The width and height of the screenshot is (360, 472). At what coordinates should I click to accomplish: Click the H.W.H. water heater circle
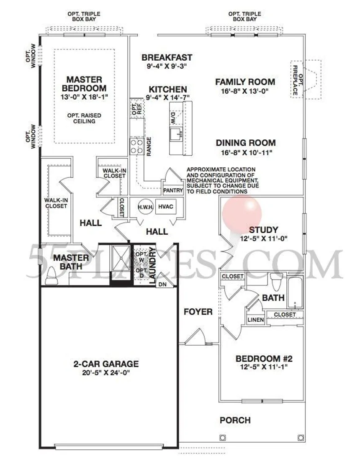pos(146,207)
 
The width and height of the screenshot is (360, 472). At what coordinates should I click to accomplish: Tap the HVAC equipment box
pos(166,207)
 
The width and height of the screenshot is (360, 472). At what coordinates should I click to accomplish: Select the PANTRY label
pos(173,190)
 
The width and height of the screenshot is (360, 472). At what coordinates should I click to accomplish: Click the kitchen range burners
pos(136,146)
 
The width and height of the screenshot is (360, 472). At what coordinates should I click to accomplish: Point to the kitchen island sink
pos(176,135)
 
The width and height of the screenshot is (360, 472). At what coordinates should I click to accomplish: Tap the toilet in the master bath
pos(51,276)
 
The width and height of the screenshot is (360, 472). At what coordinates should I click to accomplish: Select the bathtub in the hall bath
pos(295,292)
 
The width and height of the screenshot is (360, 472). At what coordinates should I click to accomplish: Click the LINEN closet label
pos(256,320)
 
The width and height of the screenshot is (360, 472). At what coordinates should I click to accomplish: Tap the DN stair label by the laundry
pos(162,284)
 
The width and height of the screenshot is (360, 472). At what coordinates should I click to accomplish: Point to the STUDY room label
pos(263,230)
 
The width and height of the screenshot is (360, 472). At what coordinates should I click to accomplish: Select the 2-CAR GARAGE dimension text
pos(106,373)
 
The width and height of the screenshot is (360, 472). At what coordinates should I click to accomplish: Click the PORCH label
pos(235,420)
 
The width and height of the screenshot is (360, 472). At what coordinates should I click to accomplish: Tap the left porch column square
pos(223,437)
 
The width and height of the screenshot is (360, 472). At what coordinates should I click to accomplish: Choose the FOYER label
pos(198,312)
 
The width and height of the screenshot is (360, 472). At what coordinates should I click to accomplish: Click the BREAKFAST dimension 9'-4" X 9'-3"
pos(167,66)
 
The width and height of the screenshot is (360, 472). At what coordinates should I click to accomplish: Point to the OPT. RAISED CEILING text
pos(85,118)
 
